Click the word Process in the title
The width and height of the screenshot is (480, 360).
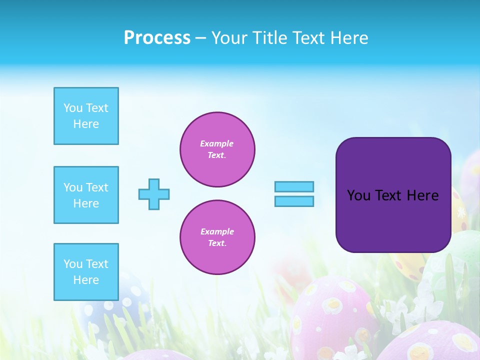pyautogui.click(x=157, y=38)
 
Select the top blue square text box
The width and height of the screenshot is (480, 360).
pyautogui.click(x=86, y=116)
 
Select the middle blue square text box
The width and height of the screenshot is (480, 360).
pyautogui.click(x=86, y=195)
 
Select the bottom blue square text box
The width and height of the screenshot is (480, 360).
pyautogui.click(x=86, y=272)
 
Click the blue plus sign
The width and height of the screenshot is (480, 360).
pyautogui.click(x=154, y=194)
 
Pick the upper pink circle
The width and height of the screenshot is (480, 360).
pyautogui.click(x=217, y=149)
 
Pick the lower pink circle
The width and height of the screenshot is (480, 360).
pyautogui.click(x=217, y=237)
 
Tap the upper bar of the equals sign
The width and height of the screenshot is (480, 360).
pyautogui.click(x=294, y=187)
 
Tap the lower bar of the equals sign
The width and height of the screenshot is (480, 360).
pyautogui.click(x=294, y=201)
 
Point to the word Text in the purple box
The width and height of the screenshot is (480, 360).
pyautogui.click(x=388, y=195)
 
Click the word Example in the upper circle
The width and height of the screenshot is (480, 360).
pyautogui.click(x=217, y=143)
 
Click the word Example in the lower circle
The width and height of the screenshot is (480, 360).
pyautogui.click(x=217, y=231)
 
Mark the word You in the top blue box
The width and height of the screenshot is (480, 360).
pyautogui.click(x=73, y=108)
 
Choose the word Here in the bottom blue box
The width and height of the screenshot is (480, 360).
pyautogui.click(x=86, y=280)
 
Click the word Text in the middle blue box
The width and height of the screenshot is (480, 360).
pyautogui.click(x=96, y=187)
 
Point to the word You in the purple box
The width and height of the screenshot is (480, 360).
pyautogui.click(x=358, y=195)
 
